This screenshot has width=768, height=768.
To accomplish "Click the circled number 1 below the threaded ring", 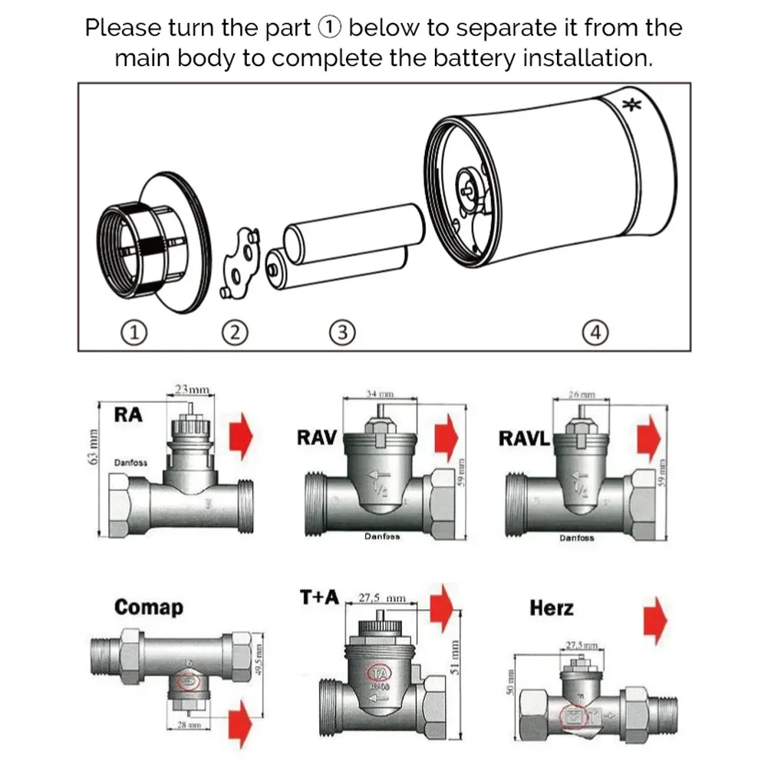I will pyautogui.click(x=135, y=332).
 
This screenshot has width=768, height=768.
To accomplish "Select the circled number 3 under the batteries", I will pyautogui.click(x=341, y=332).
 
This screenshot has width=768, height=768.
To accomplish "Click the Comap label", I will pyautogui.click(x=149, y=607).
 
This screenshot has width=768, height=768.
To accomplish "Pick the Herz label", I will pyautogui.click(x=551, y=608).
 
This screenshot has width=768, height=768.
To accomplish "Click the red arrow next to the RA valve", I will pyautogui.click(x=241, y=437).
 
